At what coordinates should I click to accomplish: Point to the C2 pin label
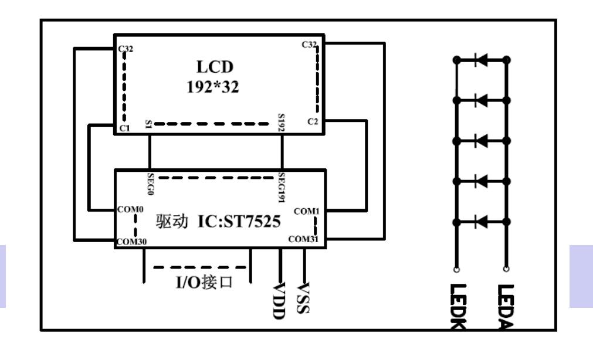[313, 121]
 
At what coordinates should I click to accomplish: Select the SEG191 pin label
[282, 187]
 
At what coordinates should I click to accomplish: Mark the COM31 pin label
[304, 239]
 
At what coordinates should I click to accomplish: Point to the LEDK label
[458, 305]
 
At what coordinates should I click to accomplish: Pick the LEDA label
[505, 305]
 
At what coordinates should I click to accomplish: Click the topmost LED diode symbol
[482, 60]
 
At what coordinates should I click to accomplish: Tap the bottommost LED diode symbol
[482, 222]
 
